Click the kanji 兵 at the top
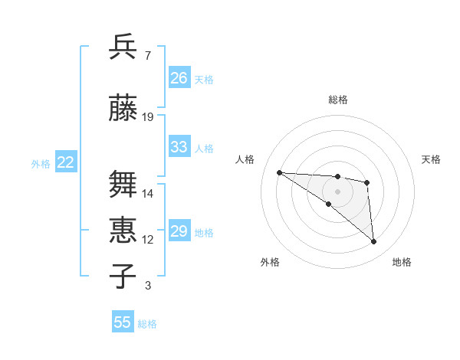pos(124,47)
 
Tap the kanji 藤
pos(124,109)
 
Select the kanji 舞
pos(124,185)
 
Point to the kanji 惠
pos(124,230)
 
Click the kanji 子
pos(124,276)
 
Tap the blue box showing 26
pos(179,78)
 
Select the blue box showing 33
pos(179,147)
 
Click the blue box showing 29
pos(179,231)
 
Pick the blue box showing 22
pos(66,162)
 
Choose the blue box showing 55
pos(123,322)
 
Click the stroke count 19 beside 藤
pos(148,117)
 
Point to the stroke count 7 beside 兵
pos(147,56)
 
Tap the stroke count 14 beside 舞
pos(148,194)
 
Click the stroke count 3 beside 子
pos(147,286)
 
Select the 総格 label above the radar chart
pos(337,100)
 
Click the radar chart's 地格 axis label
pos(402,262)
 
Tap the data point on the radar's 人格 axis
pos(279,172)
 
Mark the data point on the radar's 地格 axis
pos(373,241)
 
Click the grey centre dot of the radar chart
pos(337,191)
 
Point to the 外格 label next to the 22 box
pos(41,163)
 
